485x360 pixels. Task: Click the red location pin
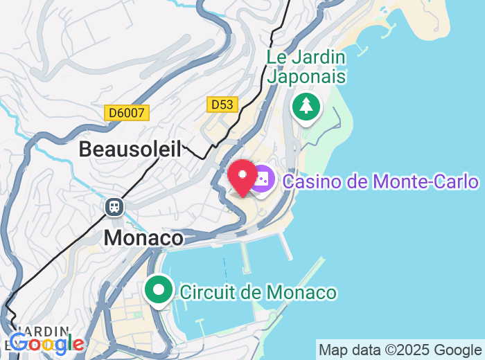(x=243, y=175)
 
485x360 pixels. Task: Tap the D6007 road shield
(x=127, y=112)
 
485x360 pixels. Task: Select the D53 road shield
(x=222, y=105)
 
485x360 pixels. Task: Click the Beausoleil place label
(x=130, y=149)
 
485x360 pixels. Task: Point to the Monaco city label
(x=143, y=238)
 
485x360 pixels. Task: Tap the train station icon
(x=114, y=206)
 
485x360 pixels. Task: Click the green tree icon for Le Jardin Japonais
(x=306, y=107)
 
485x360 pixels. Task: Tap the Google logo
(x=46, y=343)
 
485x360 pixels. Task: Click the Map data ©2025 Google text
(x=400, y=350)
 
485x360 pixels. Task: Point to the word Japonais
(x=307, y=75)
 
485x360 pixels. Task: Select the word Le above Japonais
(x=277, y=56)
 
